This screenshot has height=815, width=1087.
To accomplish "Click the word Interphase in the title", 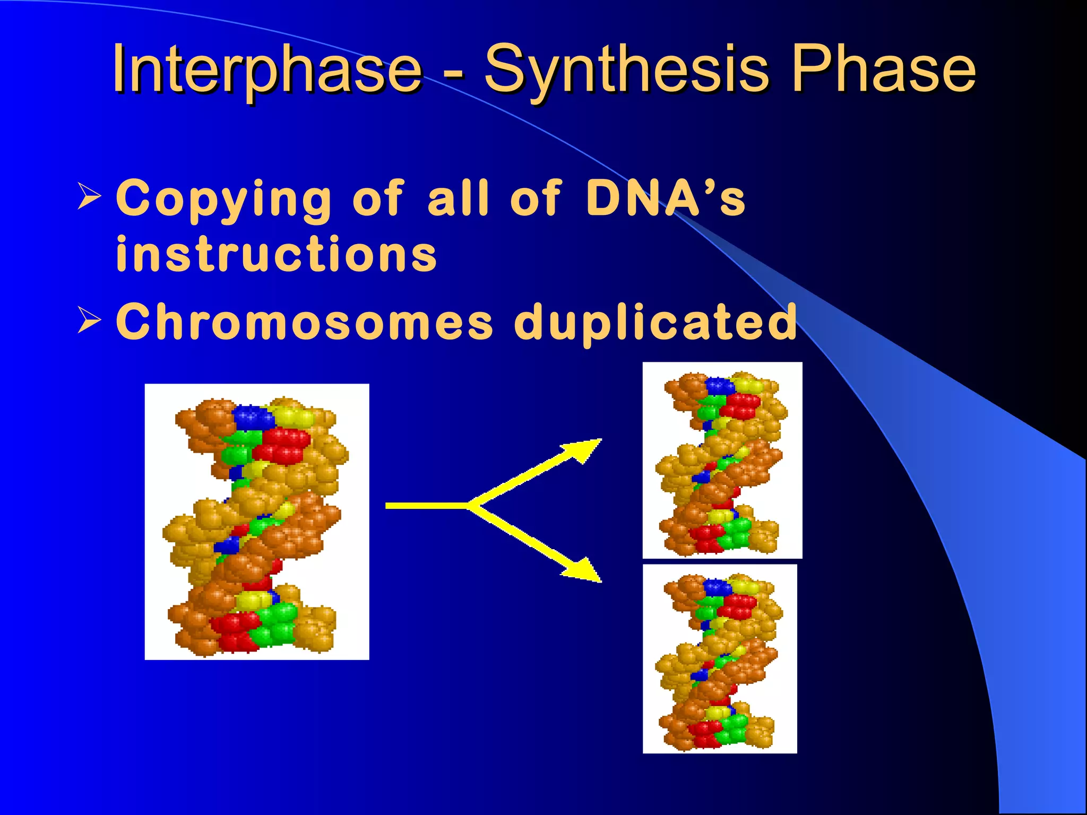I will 265,69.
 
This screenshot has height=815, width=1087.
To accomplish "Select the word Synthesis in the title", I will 626,69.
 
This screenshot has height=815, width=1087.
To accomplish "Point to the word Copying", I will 223,198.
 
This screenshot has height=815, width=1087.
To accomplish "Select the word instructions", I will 276,255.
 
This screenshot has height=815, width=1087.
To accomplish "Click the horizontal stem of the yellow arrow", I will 425,506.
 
